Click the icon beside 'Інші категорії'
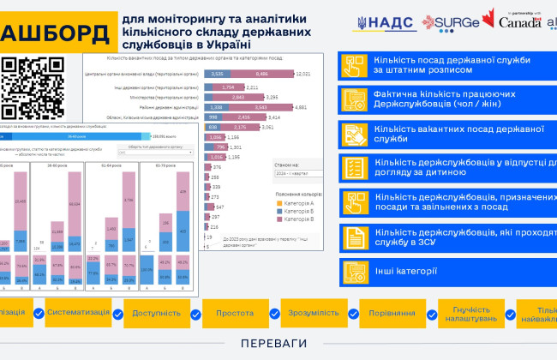coord(354,272)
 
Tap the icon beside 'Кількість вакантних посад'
coord(354,133)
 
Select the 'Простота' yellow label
coord(234,314)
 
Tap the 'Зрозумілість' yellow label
coord(312,314)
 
